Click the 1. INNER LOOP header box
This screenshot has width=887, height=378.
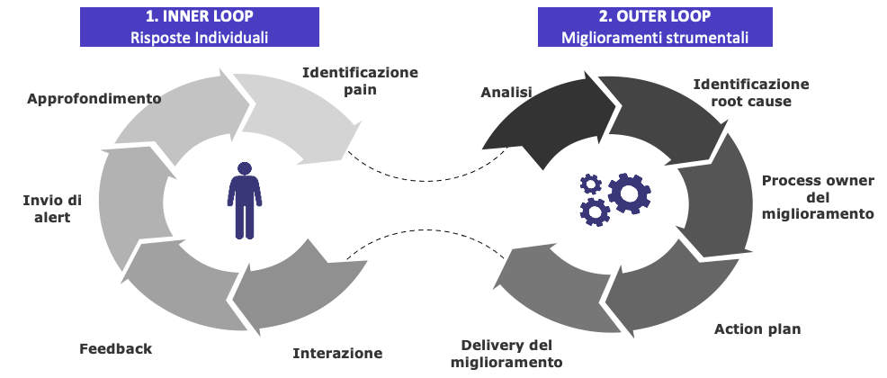pyautogui.click(x=199, y=26)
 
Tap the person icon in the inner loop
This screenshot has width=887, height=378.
pyautogui.click(x=245, y=200)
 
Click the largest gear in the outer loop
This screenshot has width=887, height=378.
pyautogui.click(x=629, y=192)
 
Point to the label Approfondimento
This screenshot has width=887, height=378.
pyautogui.click(x=94, y=98)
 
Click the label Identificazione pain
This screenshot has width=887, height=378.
pyautogui.click(x=360, y=80)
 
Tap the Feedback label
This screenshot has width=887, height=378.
pyautogui.click(x=115, y=348)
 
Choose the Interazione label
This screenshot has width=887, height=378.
pyautogui.click(x=337, y=353)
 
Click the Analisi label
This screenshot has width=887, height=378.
pyautogui.click(x=506, y=92)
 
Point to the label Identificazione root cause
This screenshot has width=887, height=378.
pyautogui.click(x=751, y=92)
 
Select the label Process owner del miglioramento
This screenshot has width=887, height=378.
pyautogui.click(x=818, y=197)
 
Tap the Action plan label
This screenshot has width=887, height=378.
pyautogui.click(x=757, y=328)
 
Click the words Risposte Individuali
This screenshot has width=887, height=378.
pyautogui.click(x=199, y=37)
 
